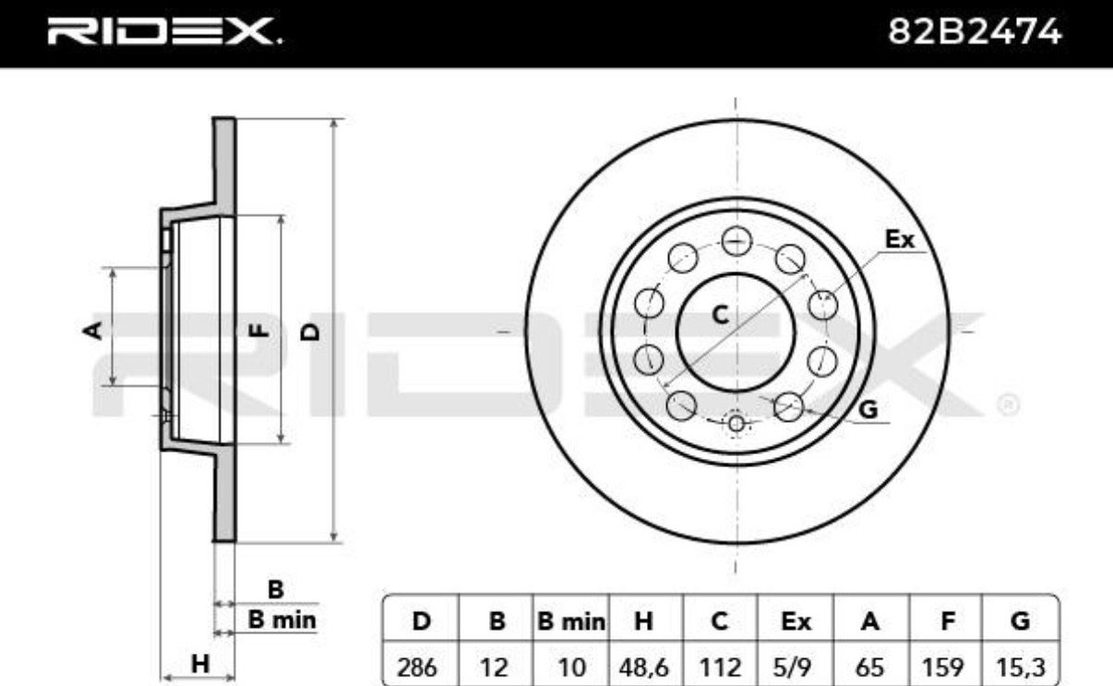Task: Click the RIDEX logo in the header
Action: point(164,30)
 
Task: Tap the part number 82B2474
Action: point(975,31)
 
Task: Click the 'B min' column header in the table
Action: point(571,621)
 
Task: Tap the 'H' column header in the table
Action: point(644,621)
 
